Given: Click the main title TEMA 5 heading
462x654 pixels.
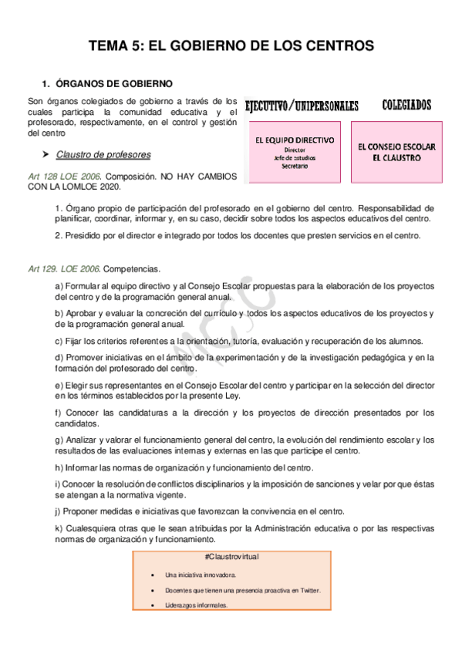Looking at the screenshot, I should pos(231,46).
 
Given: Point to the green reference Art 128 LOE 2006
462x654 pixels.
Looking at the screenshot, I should pos(62,177).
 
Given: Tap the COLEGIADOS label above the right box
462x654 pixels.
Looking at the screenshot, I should pos(406,105).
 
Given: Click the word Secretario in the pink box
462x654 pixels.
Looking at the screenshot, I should pos(295,166).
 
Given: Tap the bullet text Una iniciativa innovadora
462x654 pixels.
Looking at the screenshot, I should pos(201,575).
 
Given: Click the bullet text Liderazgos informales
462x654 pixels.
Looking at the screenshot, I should pos(196,605).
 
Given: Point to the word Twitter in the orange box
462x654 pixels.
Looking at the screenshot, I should pos(310,590).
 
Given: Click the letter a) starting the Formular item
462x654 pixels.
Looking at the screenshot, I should pos(59,286).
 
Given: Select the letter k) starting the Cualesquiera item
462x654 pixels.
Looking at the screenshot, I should pos(59,528).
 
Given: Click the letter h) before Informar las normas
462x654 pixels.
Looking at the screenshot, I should pos(59,467).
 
